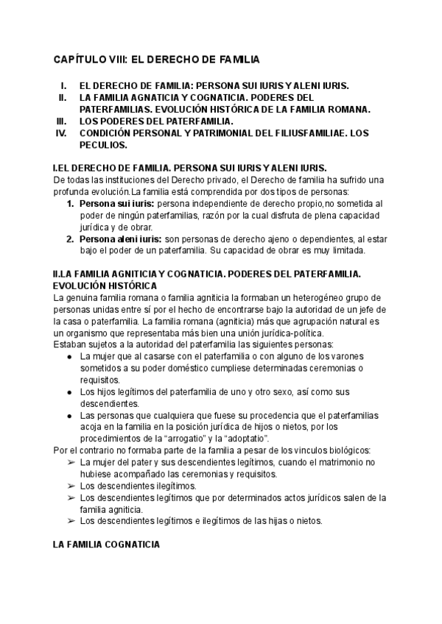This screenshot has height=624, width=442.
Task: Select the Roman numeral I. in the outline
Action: (x=64, y=85)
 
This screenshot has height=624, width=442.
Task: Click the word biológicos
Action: (x=345, y=450)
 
